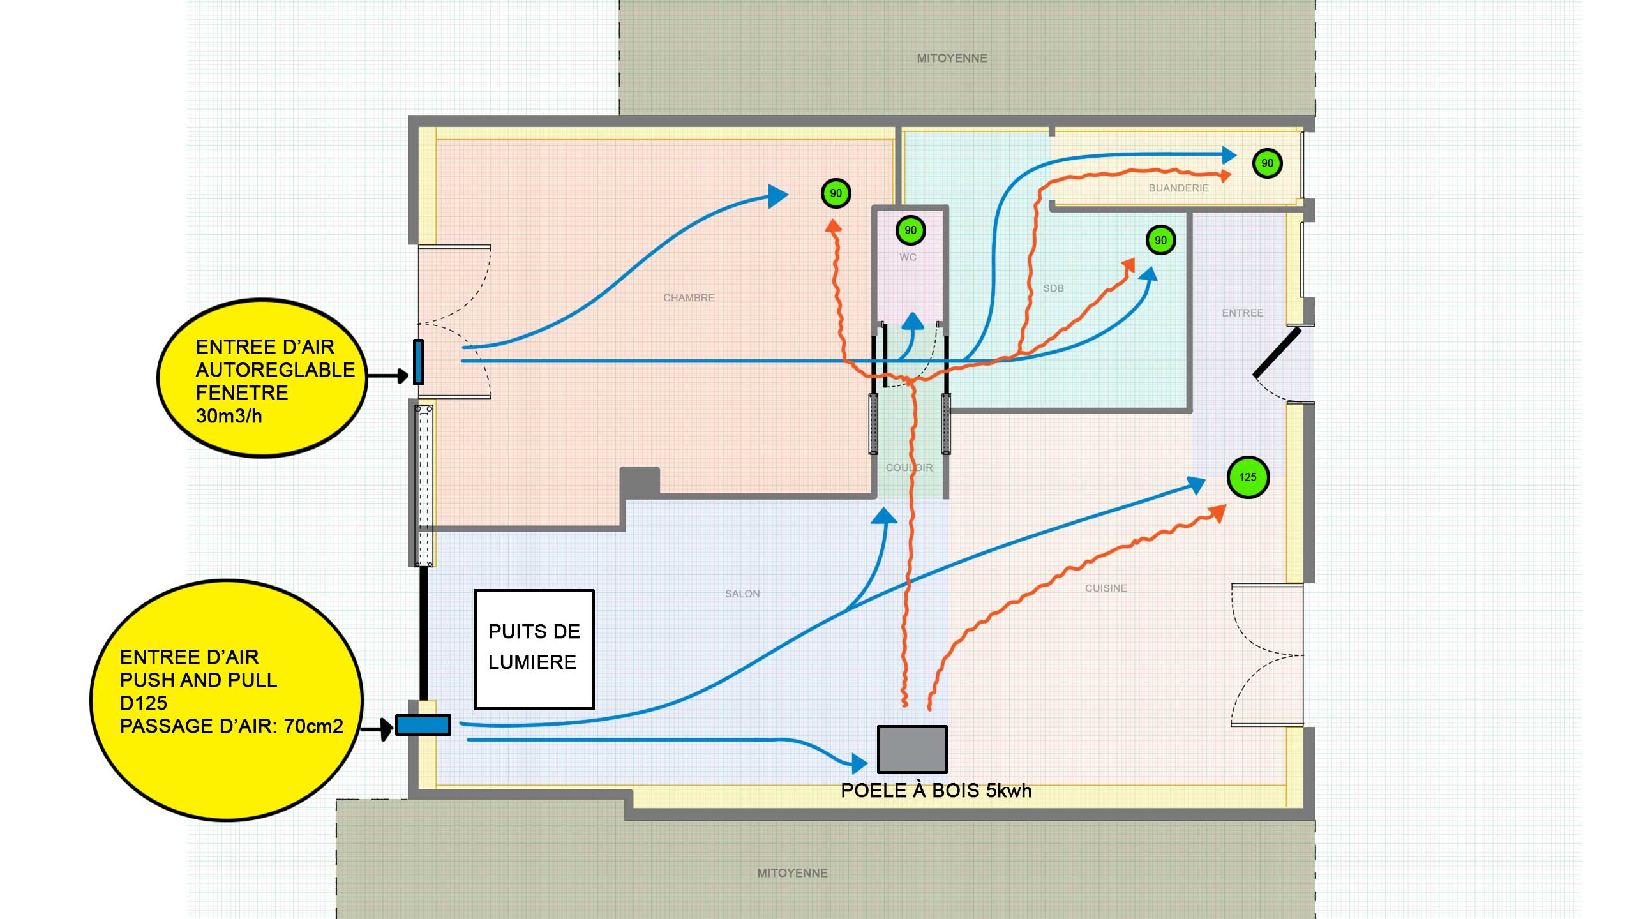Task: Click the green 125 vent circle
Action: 1248,477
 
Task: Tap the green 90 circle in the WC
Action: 910,230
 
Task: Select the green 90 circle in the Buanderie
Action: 1267,163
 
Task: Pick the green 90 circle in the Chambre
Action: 836,193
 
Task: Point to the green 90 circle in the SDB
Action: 1160,241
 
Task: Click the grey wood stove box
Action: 912,749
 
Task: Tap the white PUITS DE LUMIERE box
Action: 534,649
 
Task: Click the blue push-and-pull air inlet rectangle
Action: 423,725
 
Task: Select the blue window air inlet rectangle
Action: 418,362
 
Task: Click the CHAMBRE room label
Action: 689,298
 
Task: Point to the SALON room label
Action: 742,594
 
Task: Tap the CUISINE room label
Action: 1106,588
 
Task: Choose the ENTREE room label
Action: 1242,313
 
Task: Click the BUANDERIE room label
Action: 1178,188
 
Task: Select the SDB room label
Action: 1053,288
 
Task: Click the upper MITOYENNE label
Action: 952,58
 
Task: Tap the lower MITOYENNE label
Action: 792,873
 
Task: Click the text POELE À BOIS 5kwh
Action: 936,791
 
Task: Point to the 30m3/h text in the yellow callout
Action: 229,416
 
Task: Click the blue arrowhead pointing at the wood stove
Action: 859,762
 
